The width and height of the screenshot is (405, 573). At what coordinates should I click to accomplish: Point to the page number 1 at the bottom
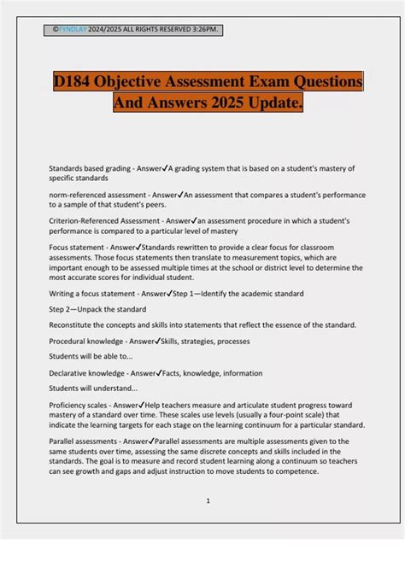pos(208,500)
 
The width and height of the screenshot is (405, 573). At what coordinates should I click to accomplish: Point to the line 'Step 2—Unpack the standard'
pos(97,309)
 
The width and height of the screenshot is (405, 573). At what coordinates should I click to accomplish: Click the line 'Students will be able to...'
pos(91,355)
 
